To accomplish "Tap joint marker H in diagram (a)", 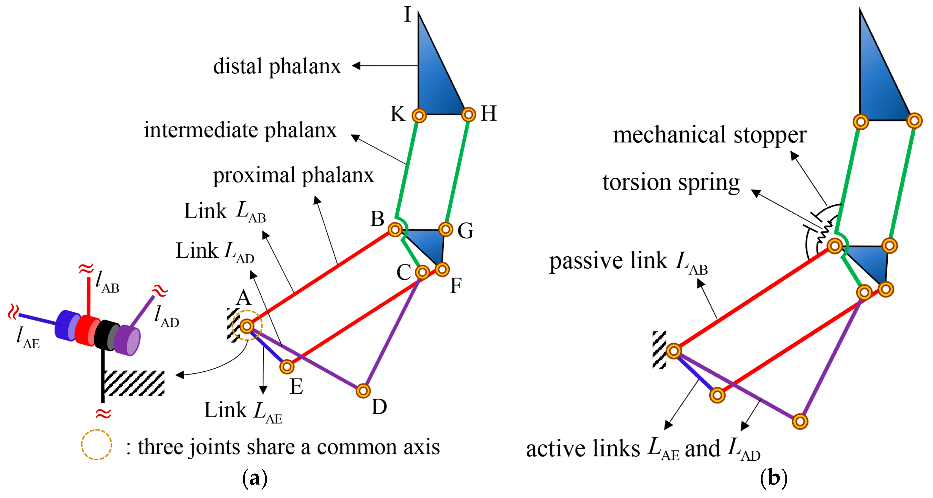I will (468, 115).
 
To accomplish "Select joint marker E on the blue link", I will (287, 367).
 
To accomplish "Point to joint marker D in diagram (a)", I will (363, 391).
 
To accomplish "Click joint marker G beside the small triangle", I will (446, 229).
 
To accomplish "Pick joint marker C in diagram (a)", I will (422, 272).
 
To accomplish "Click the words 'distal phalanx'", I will (277, 66).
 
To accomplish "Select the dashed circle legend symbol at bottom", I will (96, 445).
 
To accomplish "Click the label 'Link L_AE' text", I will (243, 411).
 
